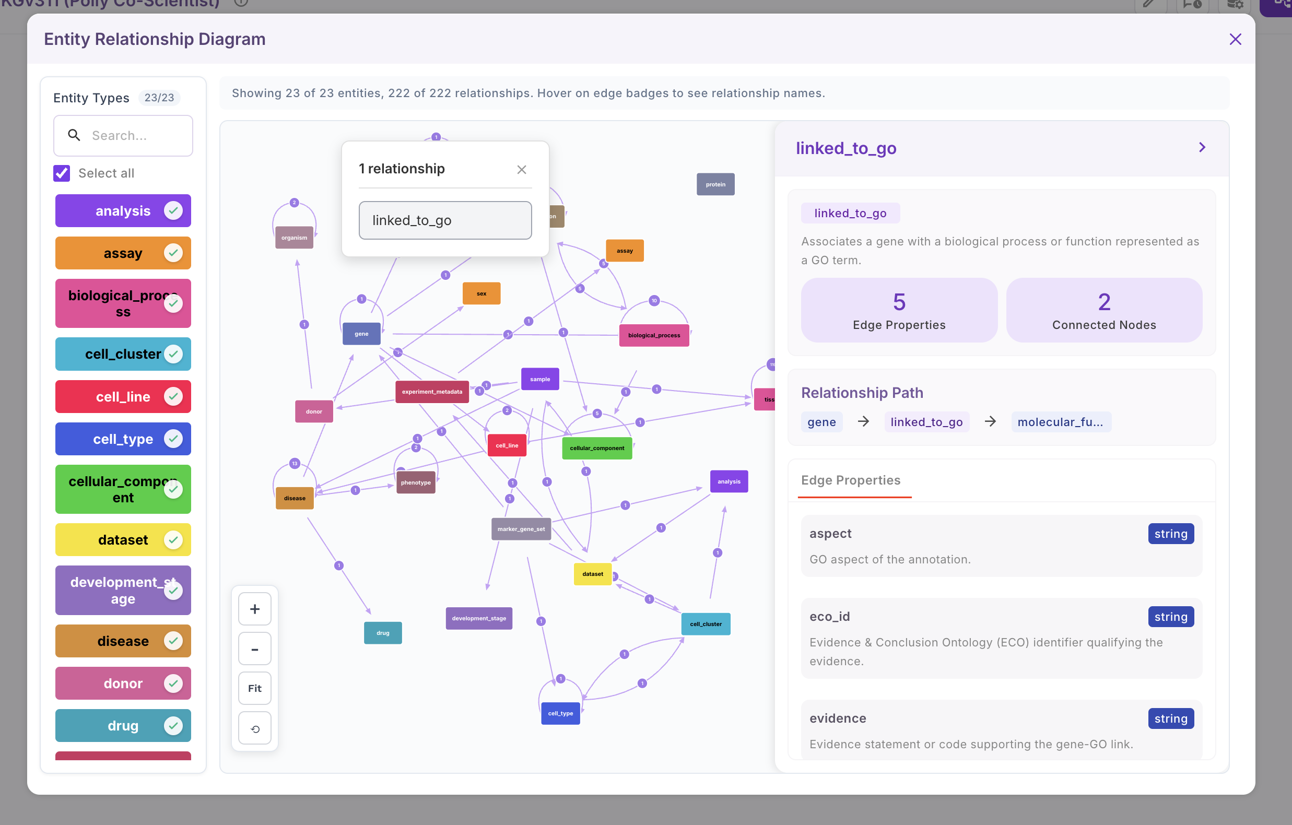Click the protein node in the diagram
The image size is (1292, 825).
pyautogui.click(x=715, y=184)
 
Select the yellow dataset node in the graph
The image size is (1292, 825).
pyautogui.click(x=592, y=574)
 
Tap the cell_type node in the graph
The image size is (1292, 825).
pyautogui.click(x=560, y=713)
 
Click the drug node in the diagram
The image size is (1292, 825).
pyautogui.click(x=383, y=633)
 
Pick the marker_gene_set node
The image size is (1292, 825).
pyautogui.click(x=521, y=529)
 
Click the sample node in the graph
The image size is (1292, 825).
pyautogui.click(x=540, y=379)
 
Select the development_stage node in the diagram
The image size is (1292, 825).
pyautogui.click(x=478, y=618)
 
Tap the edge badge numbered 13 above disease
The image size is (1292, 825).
pyautogui.click(x=295, y=464)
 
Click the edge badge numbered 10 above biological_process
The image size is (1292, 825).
pyautogui.click(x=653, y=301)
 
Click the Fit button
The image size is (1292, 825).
pyautogui.click(x=255, y=688)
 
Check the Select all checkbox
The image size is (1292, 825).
pyautogui.click(x=62, y=173)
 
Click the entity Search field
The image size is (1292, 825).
pyautogui.click(x=123, y=136)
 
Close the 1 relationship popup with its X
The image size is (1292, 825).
pyautogui.click(x=522, y=170)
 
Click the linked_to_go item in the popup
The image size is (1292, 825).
pyautogui.click(x=445, y=220)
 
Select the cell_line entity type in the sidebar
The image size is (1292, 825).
pyautogui.click(x=123, y=397)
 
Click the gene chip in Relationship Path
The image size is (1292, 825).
pyautogui.click(x=821, y=422)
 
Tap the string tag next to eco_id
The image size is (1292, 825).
pyautogui.click(x=1171, y=617)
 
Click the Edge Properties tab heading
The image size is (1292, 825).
pyautogui.click(x=850, y=480)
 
